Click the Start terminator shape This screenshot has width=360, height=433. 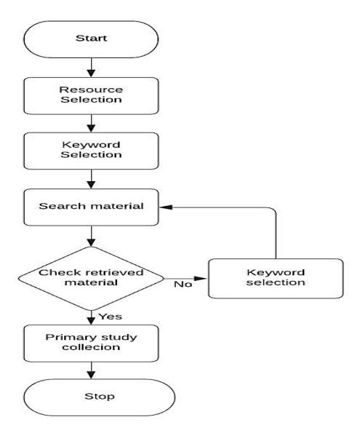point(91,39)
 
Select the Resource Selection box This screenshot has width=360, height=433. point(91,96)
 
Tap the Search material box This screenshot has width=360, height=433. point(91,207)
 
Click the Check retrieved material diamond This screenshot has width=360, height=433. point(91,278)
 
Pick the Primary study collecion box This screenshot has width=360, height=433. point(91,343)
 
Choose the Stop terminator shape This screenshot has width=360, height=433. point(100,397)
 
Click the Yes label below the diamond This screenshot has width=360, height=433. point(111,317)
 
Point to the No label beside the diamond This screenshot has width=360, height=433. point(183,284)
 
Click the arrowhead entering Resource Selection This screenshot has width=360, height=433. point(91,73)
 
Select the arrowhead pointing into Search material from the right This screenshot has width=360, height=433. point(166,207)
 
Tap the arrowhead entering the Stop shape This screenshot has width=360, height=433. point(91,375)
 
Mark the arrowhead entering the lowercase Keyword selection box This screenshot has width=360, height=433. point(201,278)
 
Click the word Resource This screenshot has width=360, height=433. point(91,90)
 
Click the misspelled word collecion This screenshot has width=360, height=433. point(91,347)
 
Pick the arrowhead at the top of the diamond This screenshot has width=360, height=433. point(91,242)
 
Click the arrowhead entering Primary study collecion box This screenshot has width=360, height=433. point(91,321)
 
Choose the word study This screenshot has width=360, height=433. point(119,338)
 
